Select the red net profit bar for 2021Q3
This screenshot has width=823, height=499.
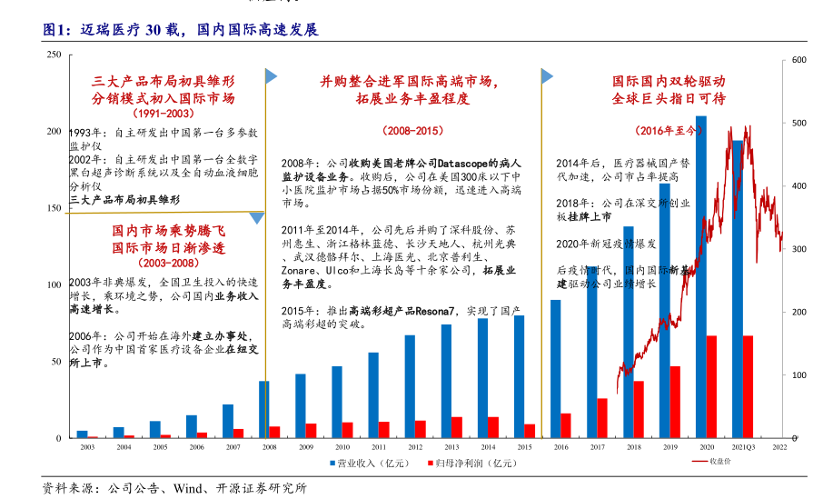748,386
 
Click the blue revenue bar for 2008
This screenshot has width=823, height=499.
263,409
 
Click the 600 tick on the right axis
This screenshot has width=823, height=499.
799,60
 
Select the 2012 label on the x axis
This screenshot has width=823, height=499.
414,448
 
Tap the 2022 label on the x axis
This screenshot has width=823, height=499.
779,448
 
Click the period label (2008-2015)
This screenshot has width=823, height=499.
412,131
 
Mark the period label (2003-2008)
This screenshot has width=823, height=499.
168,263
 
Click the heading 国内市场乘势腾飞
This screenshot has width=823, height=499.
168,231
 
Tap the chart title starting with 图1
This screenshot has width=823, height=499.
181,29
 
